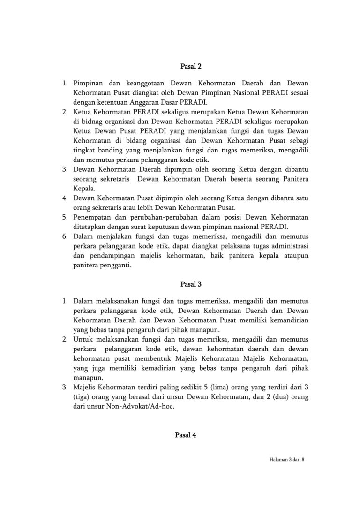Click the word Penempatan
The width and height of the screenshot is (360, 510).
94,217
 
